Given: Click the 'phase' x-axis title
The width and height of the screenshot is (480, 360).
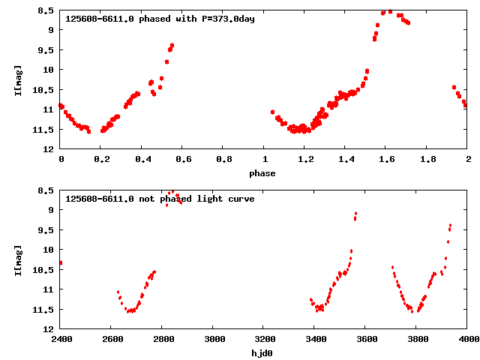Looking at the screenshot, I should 262,173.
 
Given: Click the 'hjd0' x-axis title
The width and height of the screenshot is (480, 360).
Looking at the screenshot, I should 262,353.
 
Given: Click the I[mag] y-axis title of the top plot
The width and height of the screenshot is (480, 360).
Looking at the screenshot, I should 18,79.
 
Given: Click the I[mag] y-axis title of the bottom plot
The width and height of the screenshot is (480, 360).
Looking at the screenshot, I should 18,259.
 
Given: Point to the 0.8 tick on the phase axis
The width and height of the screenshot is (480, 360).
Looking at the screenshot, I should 223,159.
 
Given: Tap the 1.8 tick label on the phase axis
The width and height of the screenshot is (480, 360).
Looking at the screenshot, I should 427,159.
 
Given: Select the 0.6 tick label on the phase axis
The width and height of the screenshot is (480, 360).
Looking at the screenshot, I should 183,159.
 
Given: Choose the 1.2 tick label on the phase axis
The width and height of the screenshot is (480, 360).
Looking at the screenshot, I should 305,159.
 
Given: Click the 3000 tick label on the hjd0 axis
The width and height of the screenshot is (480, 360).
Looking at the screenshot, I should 213,339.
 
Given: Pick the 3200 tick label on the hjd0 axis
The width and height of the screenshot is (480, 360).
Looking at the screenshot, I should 264,339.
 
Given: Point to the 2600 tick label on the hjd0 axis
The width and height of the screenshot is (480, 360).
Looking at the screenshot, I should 111,339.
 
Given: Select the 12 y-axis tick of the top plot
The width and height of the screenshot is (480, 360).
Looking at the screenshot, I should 49,149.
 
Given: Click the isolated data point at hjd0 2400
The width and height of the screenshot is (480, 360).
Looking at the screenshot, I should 61,263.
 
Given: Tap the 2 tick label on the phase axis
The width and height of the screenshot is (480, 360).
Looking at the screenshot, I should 468,159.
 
